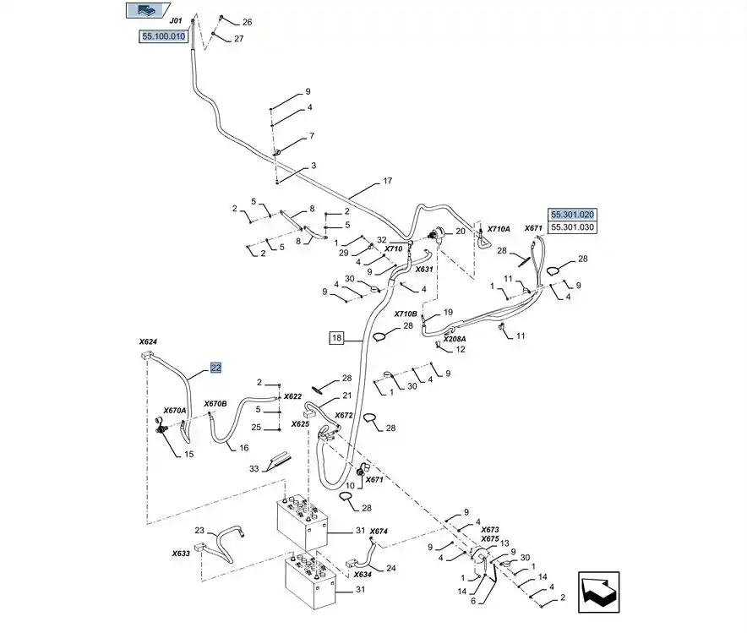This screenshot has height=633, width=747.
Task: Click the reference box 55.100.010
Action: click(x=162, y=36)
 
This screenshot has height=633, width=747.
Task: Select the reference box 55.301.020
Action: click(x=572, y=215)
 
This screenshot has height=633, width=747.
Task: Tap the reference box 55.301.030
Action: click(x=572, y=227)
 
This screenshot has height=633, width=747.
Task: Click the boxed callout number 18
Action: click(x=336, y=338)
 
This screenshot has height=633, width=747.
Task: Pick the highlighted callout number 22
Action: click(x=215, y=368)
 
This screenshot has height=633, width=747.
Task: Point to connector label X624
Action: click(x=148, y=342)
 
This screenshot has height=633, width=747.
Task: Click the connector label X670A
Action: click(x=174, y=410)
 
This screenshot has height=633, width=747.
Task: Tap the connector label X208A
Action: click(x=455, y=339)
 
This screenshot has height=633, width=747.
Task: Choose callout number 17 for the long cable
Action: click(x=388, y=181)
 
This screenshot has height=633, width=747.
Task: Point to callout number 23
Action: click(x=199, y=531)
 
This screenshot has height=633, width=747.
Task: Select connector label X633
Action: click(x=181, y=554)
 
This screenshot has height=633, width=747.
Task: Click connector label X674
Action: click(x=378, y=531)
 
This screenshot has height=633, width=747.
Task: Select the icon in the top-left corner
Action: click(x=141, y=11)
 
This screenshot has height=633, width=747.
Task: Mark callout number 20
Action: click(x=461, y=231)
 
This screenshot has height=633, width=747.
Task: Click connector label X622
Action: click(x=292, y=396)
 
